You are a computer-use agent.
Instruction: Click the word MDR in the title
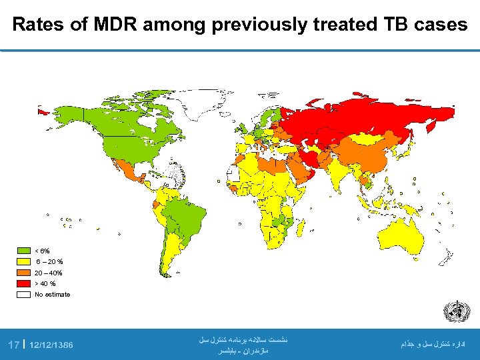[x=115, y=25]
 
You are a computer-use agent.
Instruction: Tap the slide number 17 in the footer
[x=13, y=345]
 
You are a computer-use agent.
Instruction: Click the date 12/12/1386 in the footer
[x=51, y=345]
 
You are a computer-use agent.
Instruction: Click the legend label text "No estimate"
[x=52, y=294]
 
